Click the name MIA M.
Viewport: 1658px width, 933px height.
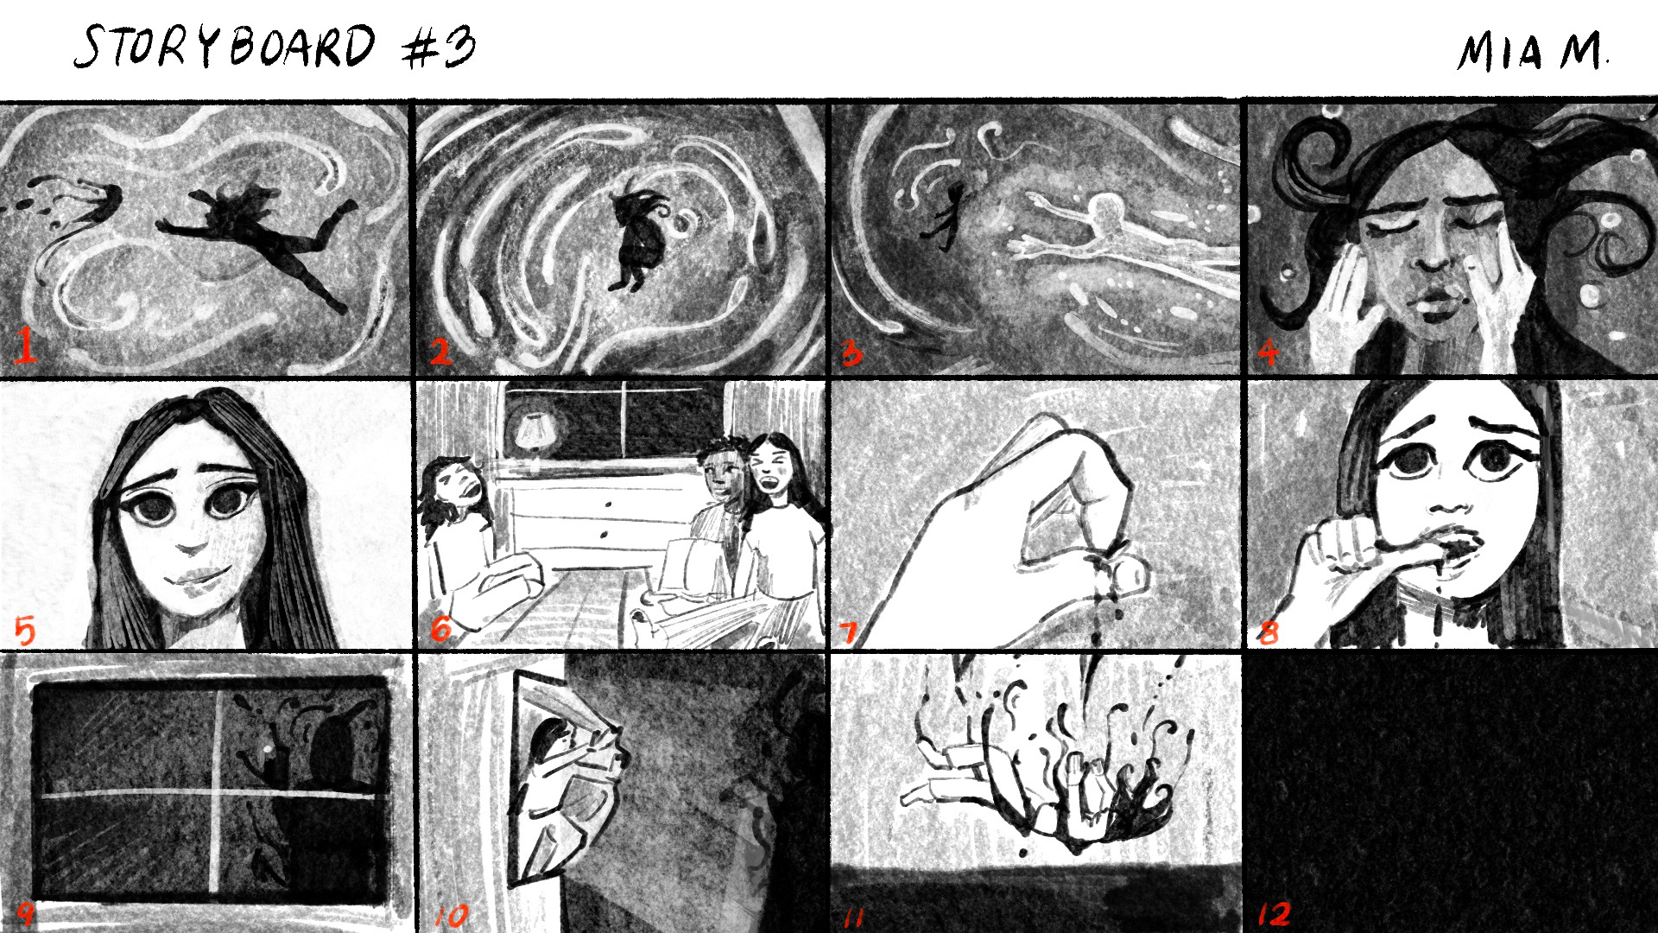(x=1534, y=54)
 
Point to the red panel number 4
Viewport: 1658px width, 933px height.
(x=1268, y=351)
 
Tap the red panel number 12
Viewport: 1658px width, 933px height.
(x=1275, y=913)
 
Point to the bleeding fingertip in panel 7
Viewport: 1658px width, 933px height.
(x=1124, y=571)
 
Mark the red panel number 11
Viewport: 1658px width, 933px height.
(x=853, y=916)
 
